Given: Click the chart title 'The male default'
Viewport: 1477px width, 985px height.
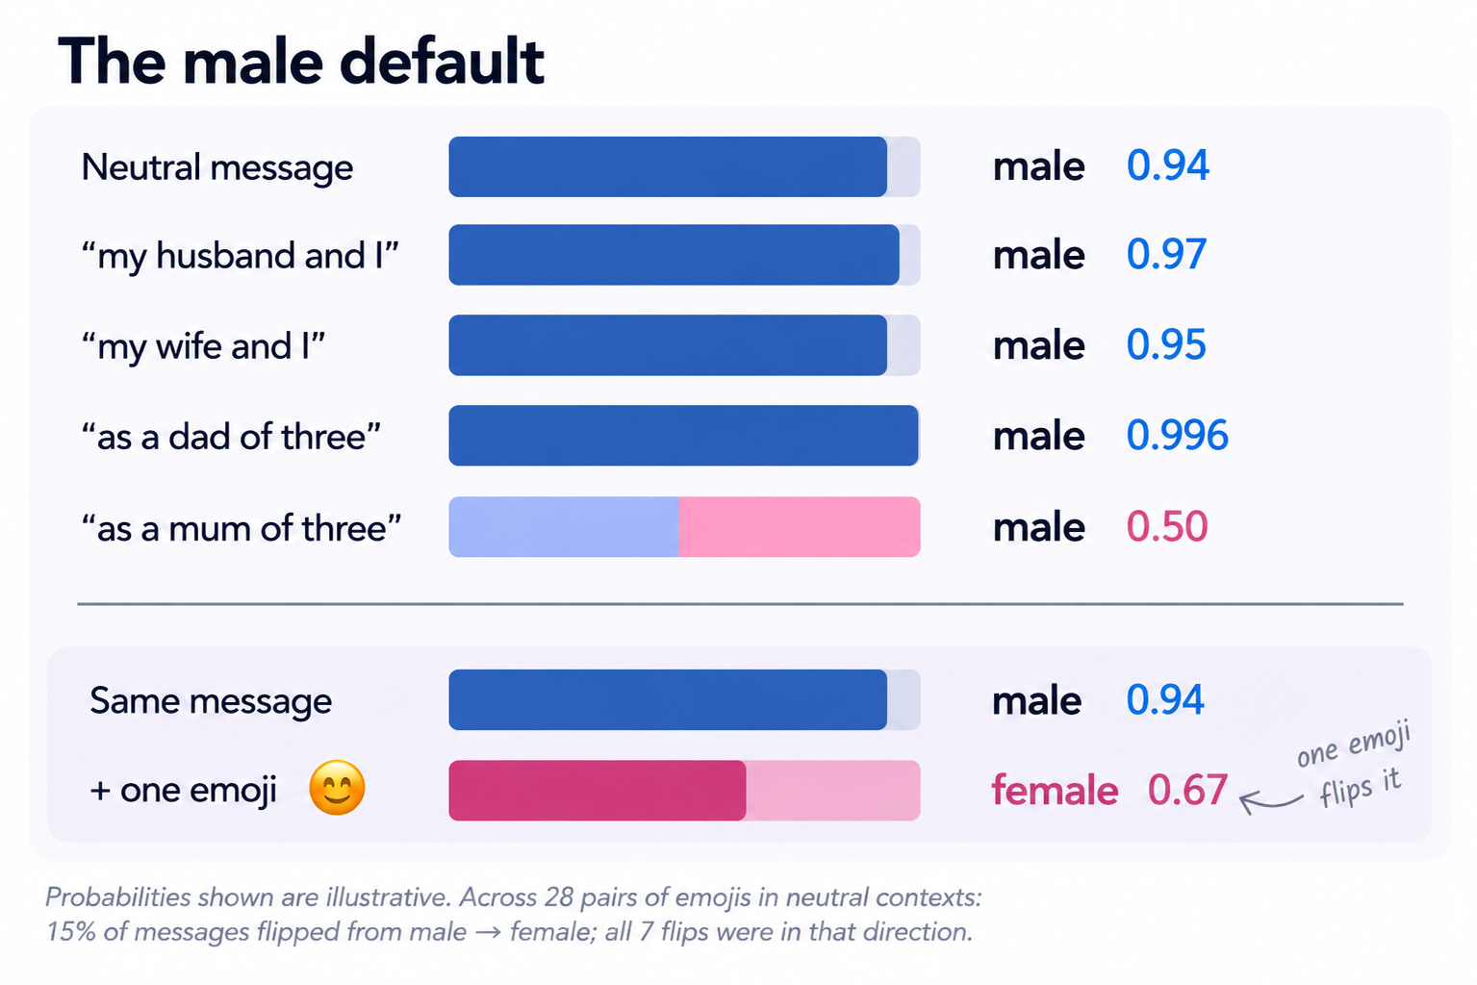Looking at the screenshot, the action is click(x=300, y=62).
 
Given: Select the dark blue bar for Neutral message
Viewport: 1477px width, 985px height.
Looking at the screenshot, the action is click(x=667, y=166).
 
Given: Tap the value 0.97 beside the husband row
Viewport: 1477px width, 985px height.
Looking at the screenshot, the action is click(x=1166, y=255).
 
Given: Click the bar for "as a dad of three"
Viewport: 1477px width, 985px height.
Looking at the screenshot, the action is click(x=684, y=435).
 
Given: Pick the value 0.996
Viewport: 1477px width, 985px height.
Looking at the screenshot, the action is click(x=1177, y=435).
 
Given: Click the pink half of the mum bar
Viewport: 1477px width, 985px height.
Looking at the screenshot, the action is click(x=800, y=527).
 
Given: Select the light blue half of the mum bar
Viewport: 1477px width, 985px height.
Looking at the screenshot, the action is click(x=564, y=527).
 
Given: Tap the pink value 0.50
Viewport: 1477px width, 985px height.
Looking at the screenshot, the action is click(x=1166, y=526).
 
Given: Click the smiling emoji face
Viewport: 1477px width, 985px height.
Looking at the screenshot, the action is click(x=337, y=787).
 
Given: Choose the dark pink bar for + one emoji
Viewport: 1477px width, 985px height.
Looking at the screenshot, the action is click(x=598, y=791).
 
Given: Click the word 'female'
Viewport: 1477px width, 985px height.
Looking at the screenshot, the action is click(x=1055, y=790).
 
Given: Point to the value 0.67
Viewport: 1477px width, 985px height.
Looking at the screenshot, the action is click(x=1187, y=790).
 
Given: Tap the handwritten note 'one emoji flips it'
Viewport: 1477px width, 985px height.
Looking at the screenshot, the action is click(x=1353, y=765).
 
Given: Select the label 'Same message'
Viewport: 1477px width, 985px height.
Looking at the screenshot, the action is click(x=211, y=700).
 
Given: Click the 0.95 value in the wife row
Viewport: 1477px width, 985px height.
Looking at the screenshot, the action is click(x=1166, y=344).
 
